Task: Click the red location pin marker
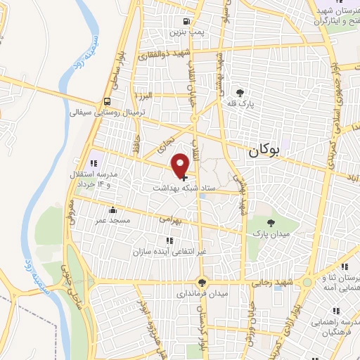coord(181,165)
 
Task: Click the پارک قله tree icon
coord(240,92)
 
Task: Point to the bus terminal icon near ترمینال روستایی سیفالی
coord(107,101)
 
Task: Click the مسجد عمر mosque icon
coord(112,208)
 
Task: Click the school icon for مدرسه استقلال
coord(94,154)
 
